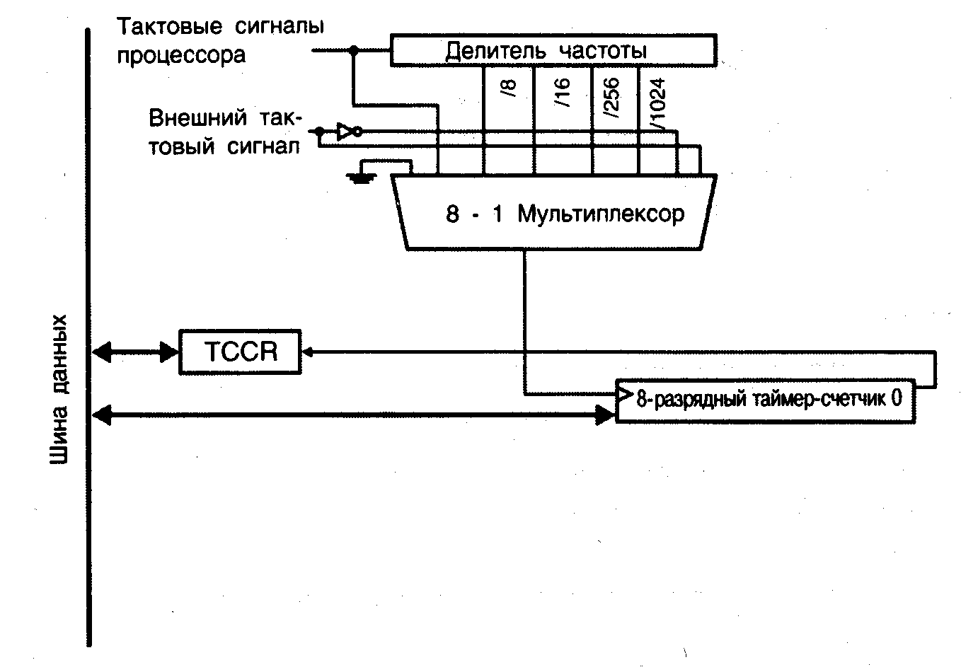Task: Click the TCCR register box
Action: coord(240,352)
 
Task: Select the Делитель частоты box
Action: coord(553,50)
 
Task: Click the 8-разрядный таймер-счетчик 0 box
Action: coord(766,400)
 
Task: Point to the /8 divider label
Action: coord(510,88)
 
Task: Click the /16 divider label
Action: coord(563,92)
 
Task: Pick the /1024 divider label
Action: coord(657,103)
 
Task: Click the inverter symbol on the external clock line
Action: coord(348,131)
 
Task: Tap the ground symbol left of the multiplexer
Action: coord(362,177)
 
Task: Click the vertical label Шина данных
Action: coord(61,389)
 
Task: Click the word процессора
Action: coord(181,54)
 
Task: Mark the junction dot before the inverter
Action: coord(319,132)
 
